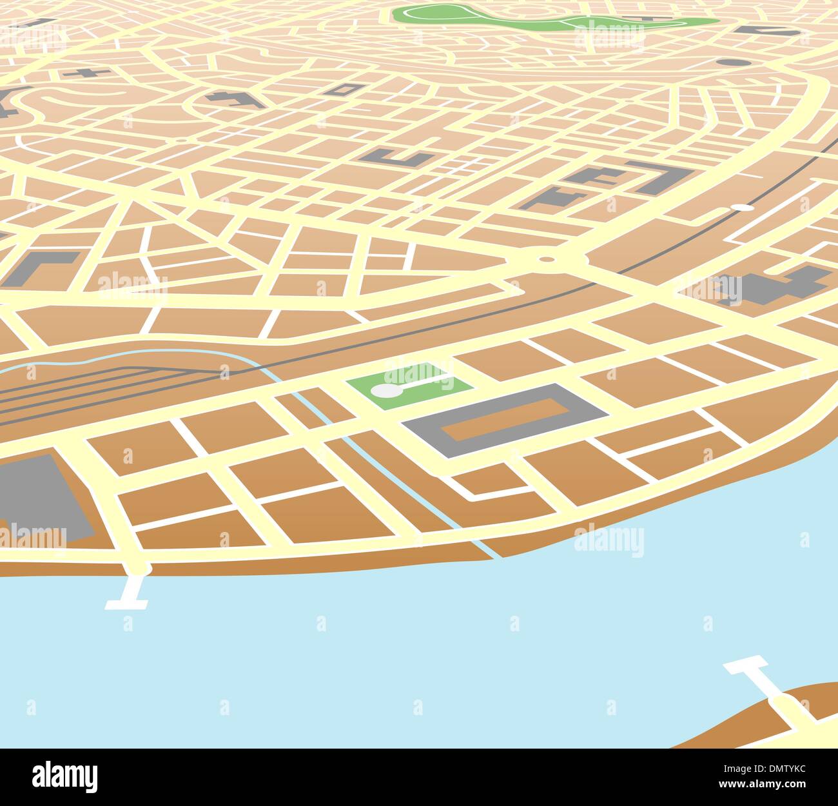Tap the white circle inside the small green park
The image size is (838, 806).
click(385, 391)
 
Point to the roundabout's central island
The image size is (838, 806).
click(547, 259)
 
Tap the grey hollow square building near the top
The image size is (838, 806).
click(340, 89)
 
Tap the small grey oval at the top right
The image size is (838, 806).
click(733, 63)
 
